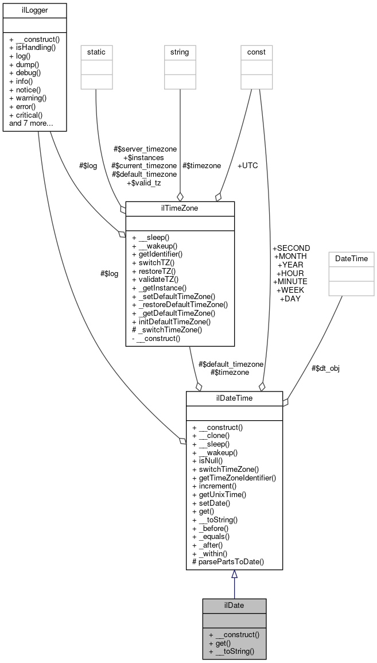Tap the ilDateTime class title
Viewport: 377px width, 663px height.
(234, 398)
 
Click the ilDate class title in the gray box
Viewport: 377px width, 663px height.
(234, 605)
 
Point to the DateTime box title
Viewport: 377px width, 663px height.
(351, 259)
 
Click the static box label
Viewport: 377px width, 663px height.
(96, 52)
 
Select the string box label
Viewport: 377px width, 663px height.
(180, 52)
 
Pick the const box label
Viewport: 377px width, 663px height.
(256, 52)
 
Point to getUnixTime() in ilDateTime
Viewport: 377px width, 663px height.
(219, 494)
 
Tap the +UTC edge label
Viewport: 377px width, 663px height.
(247, 165)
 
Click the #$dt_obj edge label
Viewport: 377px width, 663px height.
(325, 368)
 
